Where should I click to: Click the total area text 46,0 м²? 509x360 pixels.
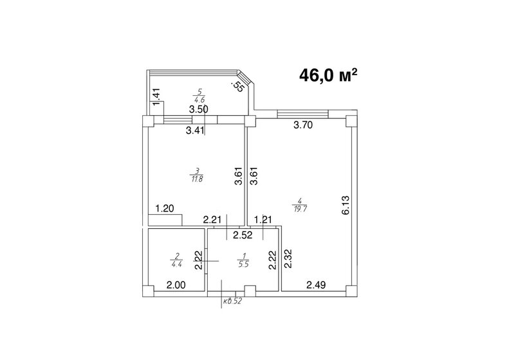coord(328,75)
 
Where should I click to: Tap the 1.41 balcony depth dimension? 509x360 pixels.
coord(155,98)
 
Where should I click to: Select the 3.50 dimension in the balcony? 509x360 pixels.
coord(198,110)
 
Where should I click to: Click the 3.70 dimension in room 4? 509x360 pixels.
coord(302,126)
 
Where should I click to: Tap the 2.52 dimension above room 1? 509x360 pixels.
coord(243,234)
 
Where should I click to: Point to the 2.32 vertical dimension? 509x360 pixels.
coord(288,262)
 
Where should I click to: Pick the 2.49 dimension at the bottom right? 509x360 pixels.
coord(316,285)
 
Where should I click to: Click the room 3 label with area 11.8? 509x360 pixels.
coord(194,175)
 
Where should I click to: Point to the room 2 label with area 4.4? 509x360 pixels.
coord(176,259)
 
